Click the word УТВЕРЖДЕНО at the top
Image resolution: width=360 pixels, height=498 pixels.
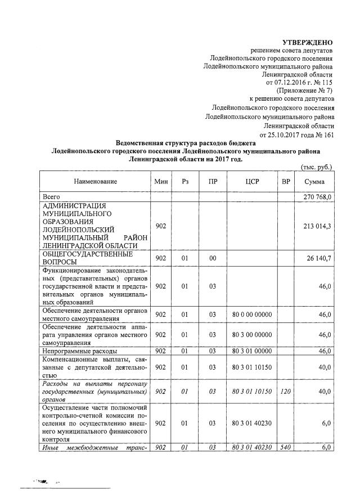tap(307, 43)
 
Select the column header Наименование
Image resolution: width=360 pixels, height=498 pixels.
tap(94, 182)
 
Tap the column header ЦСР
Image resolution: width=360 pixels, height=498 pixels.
tap(251, 182)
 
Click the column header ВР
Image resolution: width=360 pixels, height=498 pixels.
tap(286, 182)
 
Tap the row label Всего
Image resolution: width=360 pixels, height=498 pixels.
tap(52, 197)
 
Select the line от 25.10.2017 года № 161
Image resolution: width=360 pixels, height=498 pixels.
tap(296, 135)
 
